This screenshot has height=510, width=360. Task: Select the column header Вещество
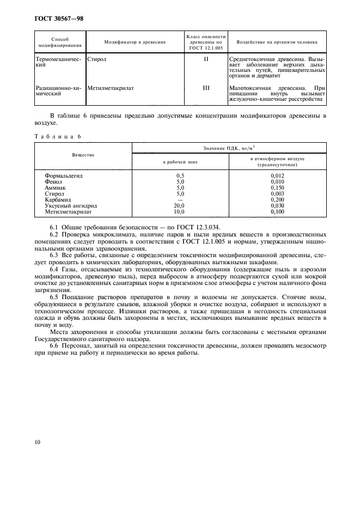tap(83, 155)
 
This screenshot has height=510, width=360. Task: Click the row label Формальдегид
tap(64, 176)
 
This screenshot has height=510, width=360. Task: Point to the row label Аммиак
tap(56, 187)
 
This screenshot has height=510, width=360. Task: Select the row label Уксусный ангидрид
tap(70, 205)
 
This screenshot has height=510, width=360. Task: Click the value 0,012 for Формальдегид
tap(277, 176)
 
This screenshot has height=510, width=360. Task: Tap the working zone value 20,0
tap(180, 205)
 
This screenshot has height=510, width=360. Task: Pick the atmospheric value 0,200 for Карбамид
tap(277, 199)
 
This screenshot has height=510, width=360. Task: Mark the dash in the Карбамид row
tap(180, 199)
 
